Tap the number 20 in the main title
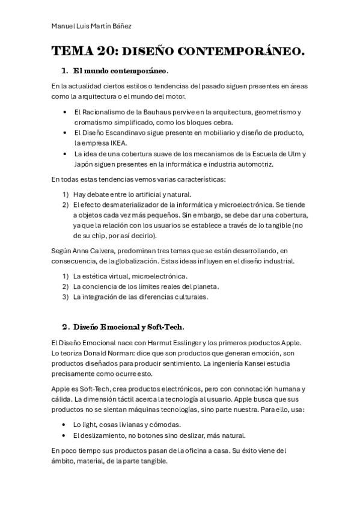[x=103, y=52]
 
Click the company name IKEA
[x=117, y=143]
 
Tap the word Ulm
[x=294, y=154]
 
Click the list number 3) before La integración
[x=66, y=296]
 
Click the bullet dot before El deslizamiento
[x=64, y=435]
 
